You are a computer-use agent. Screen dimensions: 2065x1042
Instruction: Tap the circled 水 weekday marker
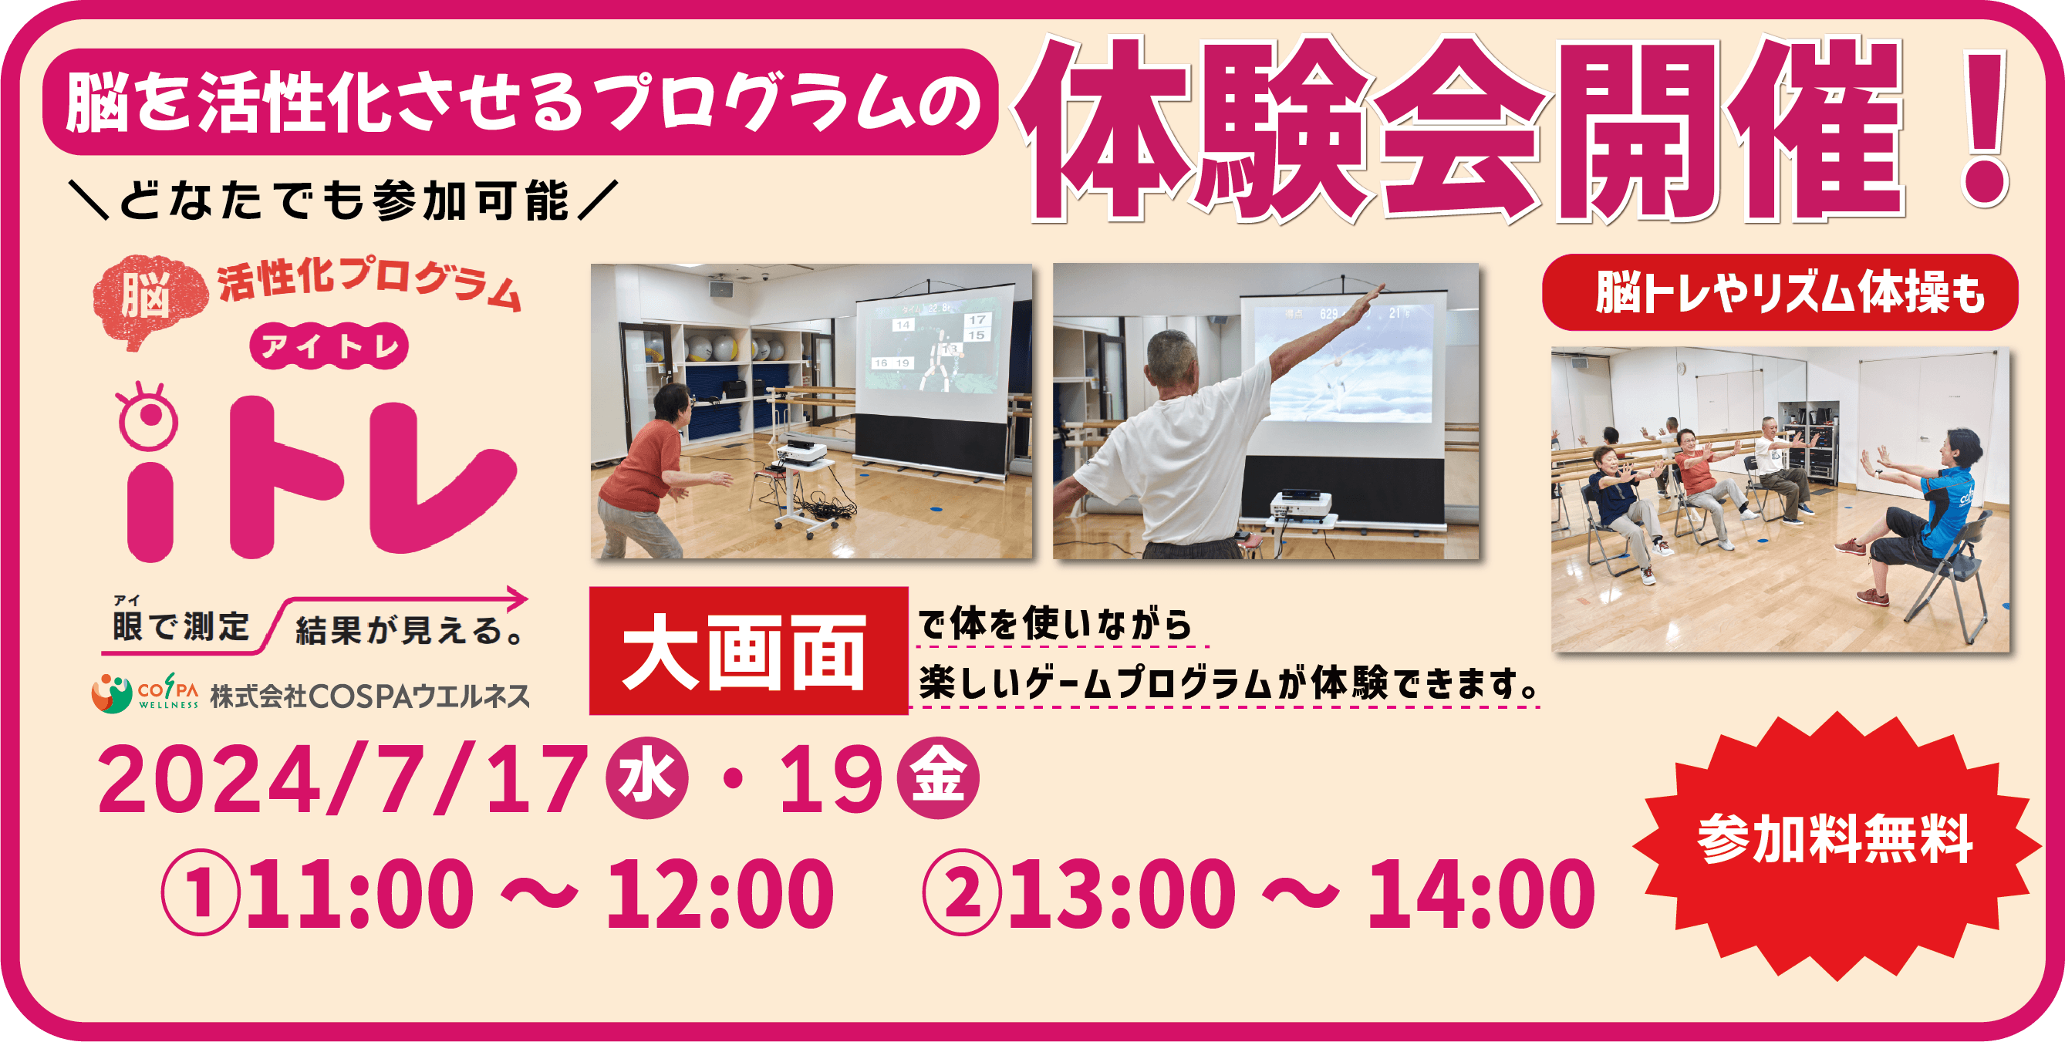pos(647,777)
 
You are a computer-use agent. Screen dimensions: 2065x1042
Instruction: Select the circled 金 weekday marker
pos(938,777)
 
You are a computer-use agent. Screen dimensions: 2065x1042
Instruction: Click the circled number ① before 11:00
pos(201,892)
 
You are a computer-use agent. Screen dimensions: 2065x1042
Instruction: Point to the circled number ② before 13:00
pos(962,892)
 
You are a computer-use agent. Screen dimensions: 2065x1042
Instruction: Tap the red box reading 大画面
pos(749,651)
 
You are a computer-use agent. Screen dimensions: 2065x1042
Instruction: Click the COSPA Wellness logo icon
pos(112,694)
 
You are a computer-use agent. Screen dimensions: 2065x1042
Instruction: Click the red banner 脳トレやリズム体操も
pos(1780,292)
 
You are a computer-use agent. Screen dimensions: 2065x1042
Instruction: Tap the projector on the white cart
pos(801,455)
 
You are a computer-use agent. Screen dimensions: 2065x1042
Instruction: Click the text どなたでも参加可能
pos(345,201)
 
